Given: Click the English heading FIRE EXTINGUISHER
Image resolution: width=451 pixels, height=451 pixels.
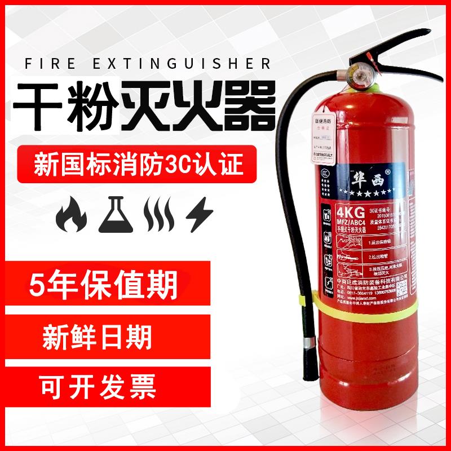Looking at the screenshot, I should [148, 63].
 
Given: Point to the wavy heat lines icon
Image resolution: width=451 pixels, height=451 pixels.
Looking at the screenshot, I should [158, 215].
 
